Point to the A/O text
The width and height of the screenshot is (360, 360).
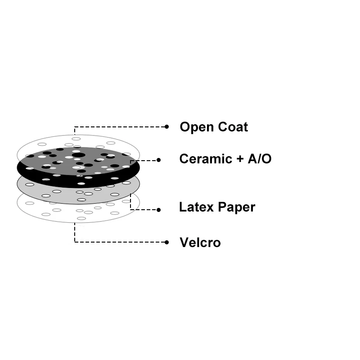pyautogui.click(x=259, y=159)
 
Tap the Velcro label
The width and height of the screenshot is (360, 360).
pyautogui.click(x=200, y=243)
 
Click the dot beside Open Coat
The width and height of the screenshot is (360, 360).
pyautogui.click(x=166, y=127)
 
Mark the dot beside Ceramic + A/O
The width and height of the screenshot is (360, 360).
pyautogui.click(x=159, y=160)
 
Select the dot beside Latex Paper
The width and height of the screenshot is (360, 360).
pyautogui.click(x=159, y=210)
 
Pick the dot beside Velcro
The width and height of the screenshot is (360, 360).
pyautogui.click(x=166, y=242)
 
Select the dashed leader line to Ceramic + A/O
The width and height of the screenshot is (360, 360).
pyautogui.click(x=144, y=160)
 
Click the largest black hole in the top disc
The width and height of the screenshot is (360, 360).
pyautogui.click(x=78, y=155)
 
